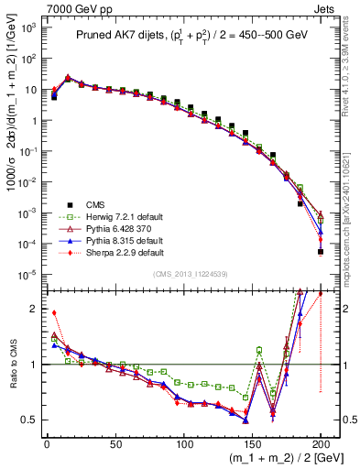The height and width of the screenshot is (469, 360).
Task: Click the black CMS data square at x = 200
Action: (x=321, y=252)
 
